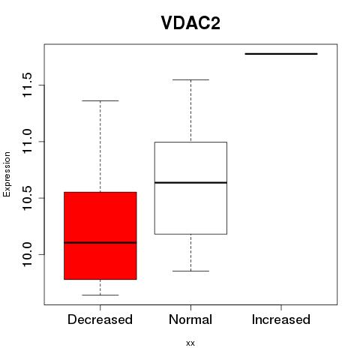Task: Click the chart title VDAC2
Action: [x=190, y=23]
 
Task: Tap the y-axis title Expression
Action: [x=7, y=174]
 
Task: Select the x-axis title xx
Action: [x=190, y=343]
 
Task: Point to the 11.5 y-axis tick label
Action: [x=27, y=85]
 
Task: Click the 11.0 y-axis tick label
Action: [x=27, y=142]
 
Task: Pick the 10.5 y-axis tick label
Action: [x=27, y=198]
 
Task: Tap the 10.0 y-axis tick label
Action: [x=27, y=255]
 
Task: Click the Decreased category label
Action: [x=100, y=319]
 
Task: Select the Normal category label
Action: [x=190, y=319]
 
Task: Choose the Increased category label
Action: [x=281, y=319]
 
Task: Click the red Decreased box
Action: [x=100, y=235]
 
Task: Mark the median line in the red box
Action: [x=100, y=242]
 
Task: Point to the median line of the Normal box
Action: [x=190, y=183]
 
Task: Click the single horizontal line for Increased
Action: [x=281, y=54]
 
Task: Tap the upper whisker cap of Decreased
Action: [x=100, y=100]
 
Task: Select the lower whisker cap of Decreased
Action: [x=100, y=295]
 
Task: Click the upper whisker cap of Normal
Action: [x=190, y=79]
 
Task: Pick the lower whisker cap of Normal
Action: [x=190, y=271]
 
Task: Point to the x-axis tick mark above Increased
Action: [x=281, y=307]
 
